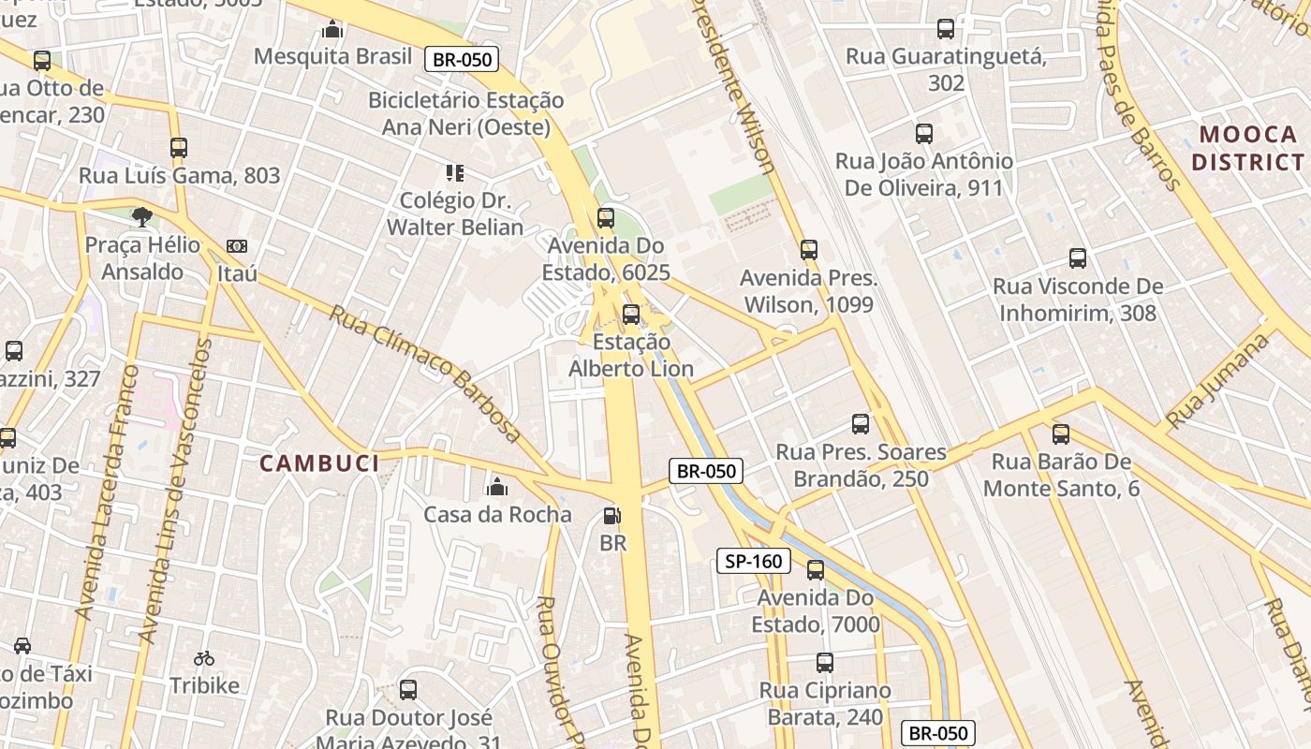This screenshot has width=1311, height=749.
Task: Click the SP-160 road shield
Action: [754, 561]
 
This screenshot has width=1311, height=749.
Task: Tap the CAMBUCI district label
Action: [319, 463]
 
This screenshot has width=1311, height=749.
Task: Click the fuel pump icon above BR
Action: [611, 515]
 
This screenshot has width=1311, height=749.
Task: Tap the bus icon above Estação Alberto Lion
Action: [631, 314]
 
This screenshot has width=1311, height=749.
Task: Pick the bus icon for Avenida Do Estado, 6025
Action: [606, 218]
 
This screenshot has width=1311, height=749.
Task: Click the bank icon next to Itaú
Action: [237, 246]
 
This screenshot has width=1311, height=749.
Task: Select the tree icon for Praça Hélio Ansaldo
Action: [141, 217]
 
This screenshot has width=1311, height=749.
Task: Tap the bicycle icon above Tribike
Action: [204, 658]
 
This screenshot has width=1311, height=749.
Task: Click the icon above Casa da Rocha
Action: [497, 487]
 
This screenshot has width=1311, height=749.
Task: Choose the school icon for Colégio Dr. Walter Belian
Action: [455, 172]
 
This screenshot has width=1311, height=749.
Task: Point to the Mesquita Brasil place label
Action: [332, 56]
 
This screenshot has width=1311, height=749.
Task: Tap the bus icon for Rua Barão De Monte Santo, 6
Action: [1060, 433]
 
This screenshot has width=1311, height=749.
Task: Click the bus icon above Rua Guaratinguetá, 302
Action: [946, 29]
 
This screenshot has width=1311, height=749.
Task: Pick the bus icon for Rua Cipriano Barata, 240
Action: [824, 663]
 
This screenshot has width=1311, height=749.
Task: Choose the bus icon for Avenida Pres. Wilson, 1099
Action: [809, 250]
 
